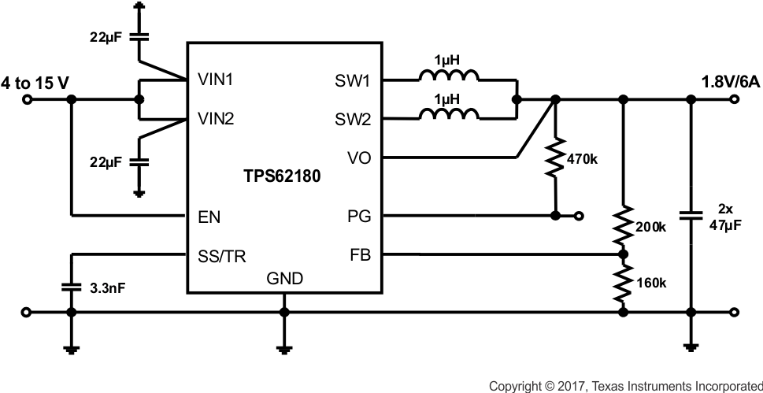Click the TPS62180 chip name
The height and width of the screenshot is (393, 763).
click(x=283, y=178)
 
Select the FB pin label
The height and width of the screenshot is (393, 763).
click(x=358, y=255)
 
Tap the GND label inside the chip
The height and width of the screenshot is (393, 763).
click(x=284, y=279)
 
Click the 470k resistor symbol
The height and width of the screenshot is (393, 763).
click(x=556, y=158)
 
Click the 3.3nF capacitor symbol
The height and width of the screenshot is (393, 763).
click(x=71, y=287)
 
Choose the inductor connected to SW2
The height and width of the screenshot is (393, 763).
click(x=448, y=117)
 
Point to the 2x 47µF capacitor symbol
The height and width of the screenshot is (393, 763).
click(x=691, y=214)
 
